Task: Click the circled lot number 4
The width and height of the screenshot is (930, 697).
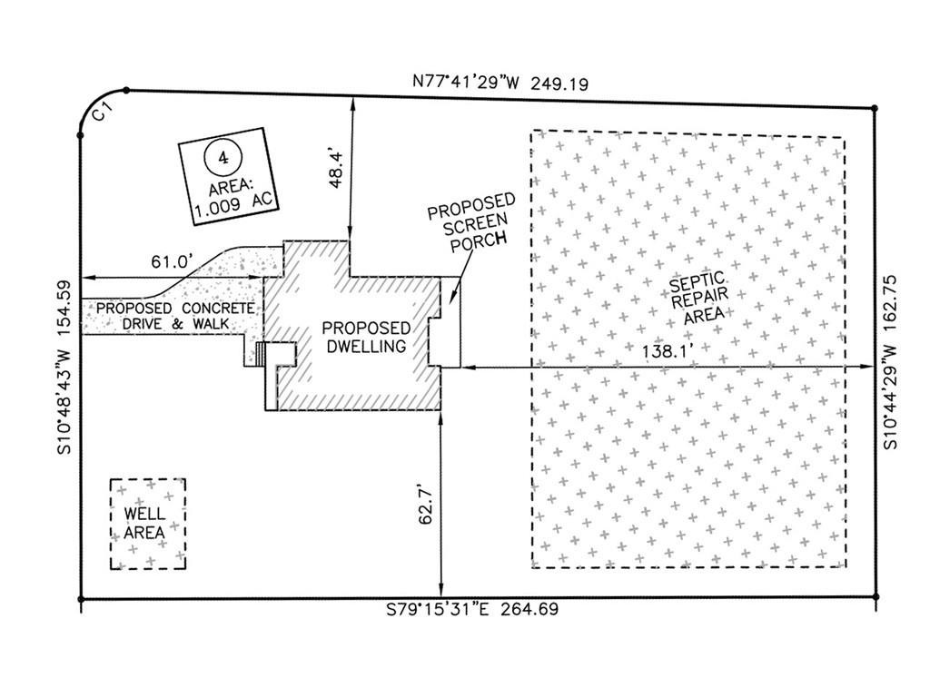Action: tap(223, 157)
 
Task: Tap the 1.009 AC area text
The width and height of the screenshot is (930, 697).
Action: tap(233, 204)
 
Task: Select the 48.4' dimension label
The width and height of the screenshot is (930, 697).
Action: tap(336, 169)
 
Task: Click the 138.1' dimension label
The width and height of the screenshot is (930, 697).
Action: tap(668, 351)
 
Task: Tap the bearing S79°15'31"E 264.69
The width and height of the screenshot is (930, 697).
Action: tap(472, 609)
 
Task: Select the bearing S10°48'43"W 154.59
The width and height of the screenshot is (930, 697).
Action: tap(64, 367)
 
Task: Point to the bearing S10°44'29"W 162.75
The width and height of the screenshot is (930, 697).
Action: tap(891, 362)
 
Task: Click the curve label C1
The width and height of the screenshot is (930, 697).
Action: tap(104, 113)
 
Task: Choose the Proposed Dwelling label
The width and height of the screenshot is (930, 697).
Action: tap(366, 338)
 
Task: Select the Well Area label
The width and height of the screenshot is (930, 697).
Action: tap(144, 523)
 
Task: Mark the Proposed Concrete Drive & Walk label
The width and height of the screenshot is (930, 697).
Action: tap(175, 316)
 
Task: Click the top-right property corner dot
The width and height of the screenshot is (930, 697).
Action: tap(875, 109)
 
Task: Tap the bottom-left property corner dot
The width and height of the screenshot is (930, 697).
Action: tap(81, 599)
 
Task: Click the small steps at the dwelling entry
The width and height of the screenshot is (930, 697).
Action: tap(259, 354)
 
